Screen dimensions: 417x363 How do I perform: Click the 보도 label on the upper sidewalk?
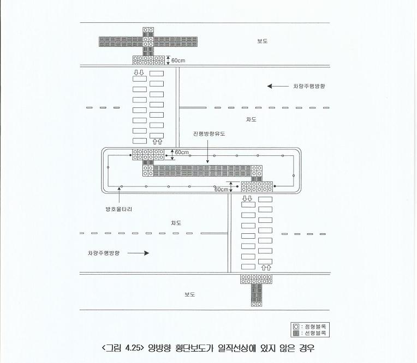click(262, 41)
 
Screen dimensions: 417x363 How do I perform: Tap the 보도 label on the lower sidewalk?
click(190, 294)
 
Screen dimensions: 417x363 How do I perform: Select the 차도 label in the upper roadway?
click(251, 119)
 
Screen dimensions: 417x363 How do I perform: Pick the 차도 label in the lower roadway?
click(176, 223)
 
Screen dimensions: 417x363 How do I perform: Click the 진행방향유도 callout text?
click(209, 134)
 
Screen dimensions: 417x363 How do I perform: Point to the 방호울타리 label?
click(119, 209)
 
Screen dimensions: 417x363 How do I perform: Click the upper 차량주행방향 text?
click(309, 86)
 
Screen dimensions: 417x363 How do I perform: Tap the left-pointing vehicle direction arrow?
click(278, 86)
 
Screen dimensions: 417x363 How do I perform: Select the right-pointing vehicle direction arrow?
click(138, 253)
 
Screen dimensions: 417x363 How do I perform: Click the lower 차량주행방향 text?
click(104, 253)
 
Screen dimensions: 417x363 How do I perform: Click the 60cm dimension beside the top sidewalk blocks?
click(178, 60)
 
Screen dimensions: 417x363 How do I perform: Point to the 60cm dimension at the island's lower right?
click(221, 189)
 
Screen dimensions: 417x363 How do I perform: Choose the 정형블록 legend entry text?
click(315, 326)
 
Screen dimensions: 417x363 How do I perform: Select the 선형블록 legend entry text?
click(315, 333)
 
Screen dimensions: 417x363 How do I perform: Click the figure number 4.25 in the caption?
click(132, 348)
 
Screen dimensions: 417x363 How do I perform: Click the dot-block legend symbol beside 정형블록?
click(296, 326)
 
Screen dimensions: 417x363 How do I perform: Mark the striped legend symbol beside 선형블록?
click(296, 333)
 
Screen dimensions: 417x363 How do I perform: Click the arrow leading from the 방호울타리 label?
click(119, 195)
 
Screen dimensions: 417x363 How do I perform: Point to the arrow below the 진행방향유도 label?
click(208, 151)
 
